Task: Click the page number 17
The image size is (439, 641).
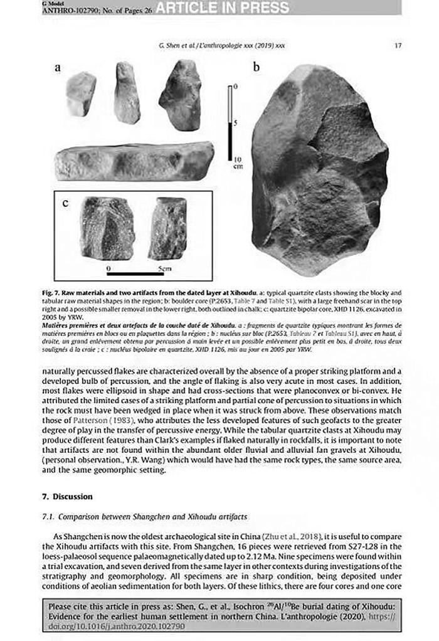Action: (x=399, y=46)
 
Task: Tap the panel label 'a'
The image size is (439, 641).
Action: (x=57, y=69)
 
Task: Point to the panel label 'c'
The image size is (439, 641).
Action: (x=66, y=203)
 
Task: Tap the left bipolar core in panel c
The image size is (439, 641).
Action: (x=107, y=228)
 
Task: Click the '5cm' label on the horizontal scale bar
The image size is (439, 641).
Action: (x=164, y=268)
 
